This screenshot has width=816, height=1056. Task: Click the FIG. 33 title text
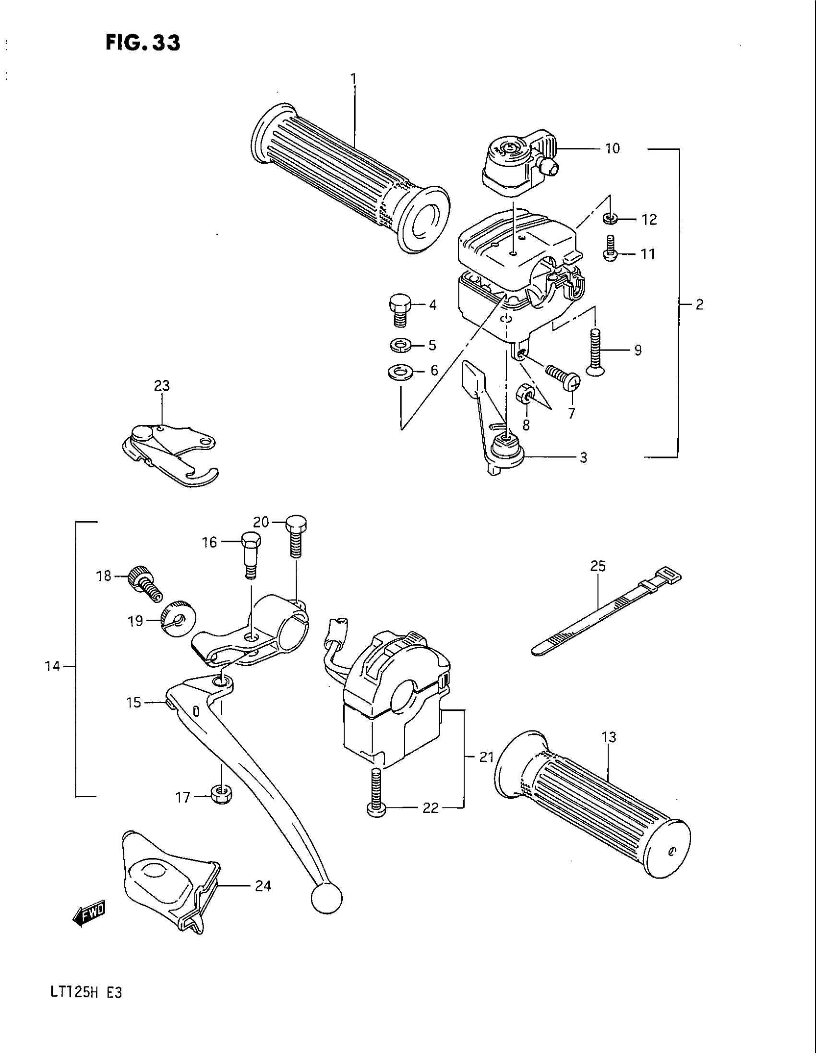point(143,43)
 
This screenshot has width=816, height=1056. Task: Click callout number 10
point(612,148)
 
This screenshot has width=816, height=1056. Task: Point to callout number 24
point(263,886)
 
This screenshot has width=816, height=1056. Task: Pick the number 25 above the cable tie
point(598,566)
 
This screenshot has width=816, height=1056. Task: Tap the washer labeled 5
point(400,345)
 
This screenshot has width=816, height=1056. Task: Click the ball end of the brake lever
point(327,899)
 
